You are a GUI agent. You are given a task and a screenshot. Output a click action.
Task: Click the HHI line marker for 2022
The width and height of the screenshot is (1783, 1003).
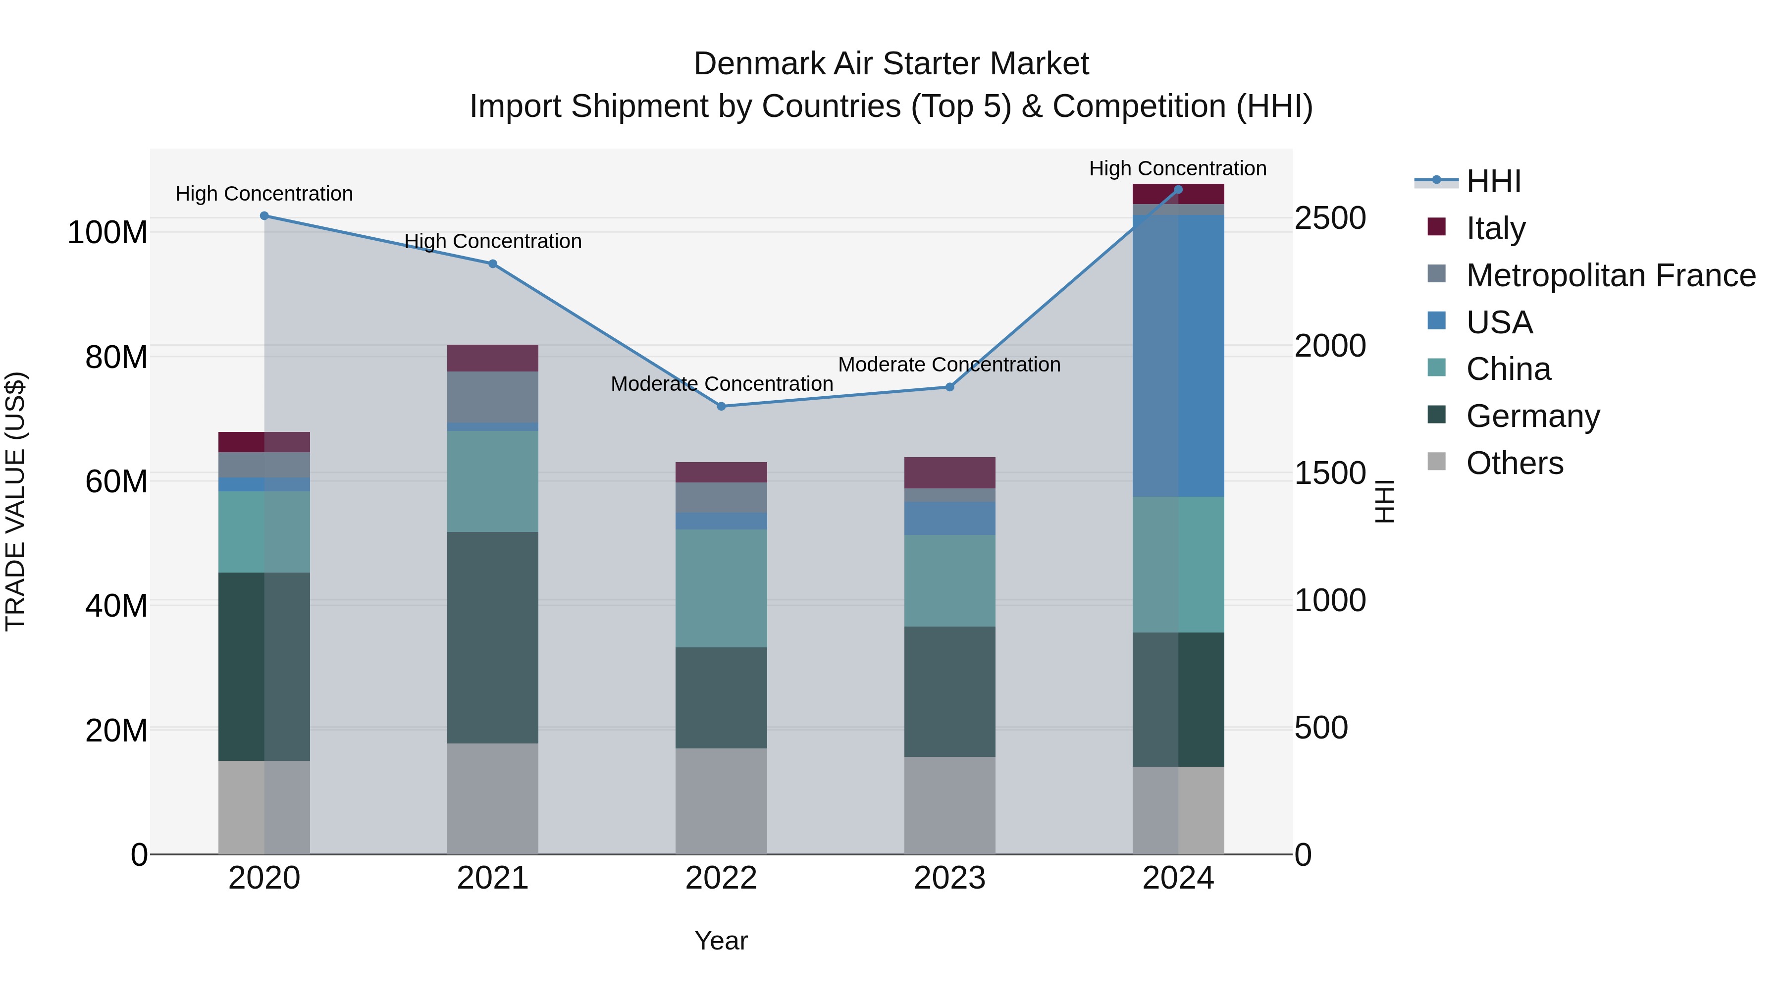[x=721, y=406]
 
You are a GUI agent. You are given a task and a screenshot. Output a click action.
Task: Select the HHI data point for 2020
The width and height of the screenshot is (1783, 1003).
[x=264, y=216]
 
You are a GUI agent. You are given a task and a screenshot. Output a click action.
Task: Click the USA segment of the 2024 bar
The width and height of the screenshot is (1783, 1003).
[x=1178, y=356]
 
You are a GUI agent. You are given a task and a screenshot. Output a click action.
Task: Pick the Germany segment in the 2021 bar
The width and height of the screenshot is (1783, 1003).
[x=493, y=637]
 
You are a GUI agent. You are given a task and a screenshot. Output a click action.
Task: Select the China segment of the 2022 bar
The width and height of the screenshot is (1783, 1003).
[x=721, y=588]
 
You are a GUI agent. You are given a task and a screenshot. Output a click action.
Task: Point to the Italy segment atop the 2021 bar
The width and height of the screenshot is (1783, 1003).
[x=493, y=358]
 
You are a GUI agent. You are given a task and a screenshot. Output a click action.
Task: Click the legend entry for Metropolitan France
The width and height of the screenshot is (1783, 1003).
[x=1610, y=275]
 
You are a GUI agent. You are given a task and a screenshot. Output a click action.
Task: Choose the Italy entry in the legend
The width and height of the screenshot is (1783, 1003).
[x=1495, y=228]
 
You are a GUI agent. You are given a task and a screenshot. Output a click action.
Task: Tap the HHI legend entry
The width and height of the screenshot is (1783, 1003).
[x=1493, y=181]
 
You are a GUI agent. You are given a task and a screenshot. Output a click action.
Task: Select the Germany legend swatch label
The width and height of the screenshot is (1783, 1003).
[x=1532, y=416]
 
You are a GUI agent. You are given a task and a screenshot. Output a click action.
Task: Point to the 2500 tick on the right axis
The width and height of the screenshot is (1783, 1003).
[x=1330, y=219]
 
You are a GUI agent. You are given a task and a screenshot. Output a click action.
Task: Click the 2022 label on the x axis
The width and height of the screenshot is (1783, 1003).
[x=721, y=878]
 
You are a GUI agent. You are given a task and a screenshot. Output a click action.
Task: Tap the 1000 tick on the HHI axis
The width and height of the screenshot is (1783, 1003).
[x=1330, y=601]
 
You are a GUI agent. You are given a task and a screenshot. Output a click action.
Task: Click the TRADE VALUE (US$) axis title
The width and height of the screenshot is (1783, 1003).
[x=15, y=501]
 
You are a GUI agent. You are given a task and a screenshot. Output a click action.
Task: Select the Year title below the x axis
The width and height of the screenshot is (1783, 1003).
[x=721, y=941]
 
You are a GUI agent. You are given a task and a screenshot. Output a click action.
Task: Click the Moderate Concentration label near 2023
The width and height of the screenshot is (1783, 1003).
[x=949, y=365]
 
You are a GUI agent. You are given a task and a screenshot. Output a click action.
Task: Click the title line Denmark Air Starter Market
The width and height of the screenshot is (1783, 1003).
[x=891, y=64]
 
